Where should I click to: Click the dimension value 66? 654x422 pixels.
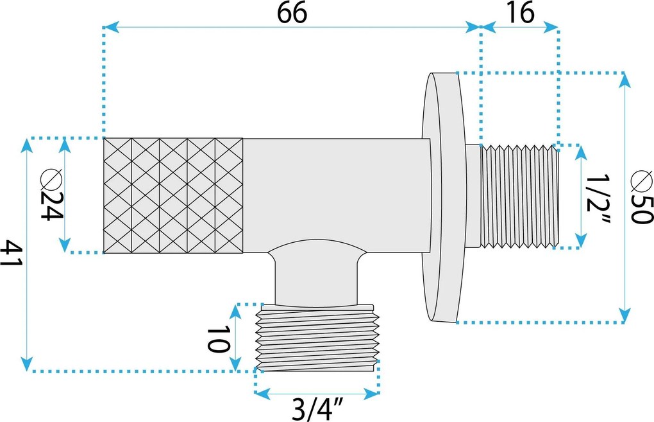(x=292, y=13)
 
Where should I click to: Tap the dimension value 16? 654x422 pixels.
(x=521, y=13)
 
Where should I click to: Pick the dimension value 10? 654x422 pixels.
(x=218, y=339)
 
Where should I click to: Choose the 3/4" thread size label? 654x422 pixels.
(x=317, y=410)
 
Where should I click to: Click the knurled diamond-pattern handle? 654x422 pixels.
(x=173, y=195)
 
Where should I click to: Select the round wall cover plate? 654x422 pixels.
(x=443, y=197)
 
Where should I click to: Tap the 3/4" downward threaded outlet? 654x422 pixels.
(x=317, y=338)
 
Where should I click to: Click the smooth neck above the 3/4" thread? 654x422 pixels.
(x=317, y=276)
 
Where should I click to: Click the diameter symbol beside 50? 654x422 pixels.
(x=641, y=181)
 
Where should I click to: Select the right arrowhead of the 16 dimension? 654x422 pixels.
(x=551, y=28)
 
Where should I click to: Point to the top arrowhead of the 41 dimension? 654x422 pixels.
(x=27, y=145)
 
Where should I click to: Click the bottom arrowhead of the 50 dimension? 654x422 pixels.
(x=625, y=315)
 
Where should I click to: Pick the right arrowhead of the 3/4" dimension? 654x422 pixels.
(x=372, y=393)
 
